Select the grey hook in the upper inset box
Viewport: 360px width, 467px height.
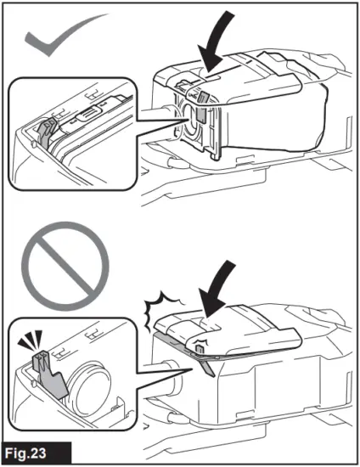click(46, 128)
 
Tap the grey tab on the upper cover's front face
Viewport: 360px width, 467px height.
click(202, 118)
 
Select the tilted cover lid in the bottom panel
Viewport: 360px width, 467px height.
click(229, 327)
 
